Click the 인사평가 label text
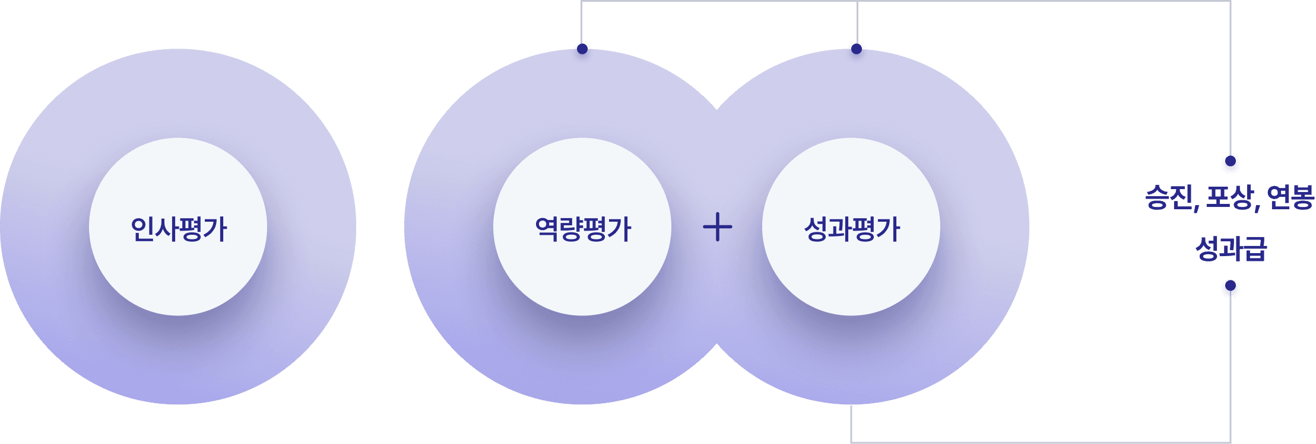(178, 229)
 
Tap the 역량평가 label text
(582, 229)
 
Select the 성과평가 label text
(851, 229)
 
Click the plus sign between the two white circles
(717, 227)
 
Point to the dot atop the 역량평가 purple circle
(582, 49)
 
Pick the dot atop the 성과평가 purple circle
(856, 49)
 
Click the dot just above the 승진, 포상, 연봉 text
(1231, 161)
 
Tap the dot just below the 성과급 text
(1231, 286)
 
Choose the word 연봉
(1290, 198)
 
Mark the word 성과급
(1231, 248)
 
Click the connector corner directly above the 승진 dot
(1231, 2)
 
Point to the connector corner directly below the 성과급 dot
(1231, 442)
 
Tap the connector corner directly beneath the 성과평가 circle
(851, 442)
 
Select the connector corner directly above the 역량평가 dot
(582, 2)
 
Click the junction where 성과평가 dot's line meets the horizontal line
(857, 2)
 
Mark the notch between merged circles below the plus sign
(717, 344)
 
